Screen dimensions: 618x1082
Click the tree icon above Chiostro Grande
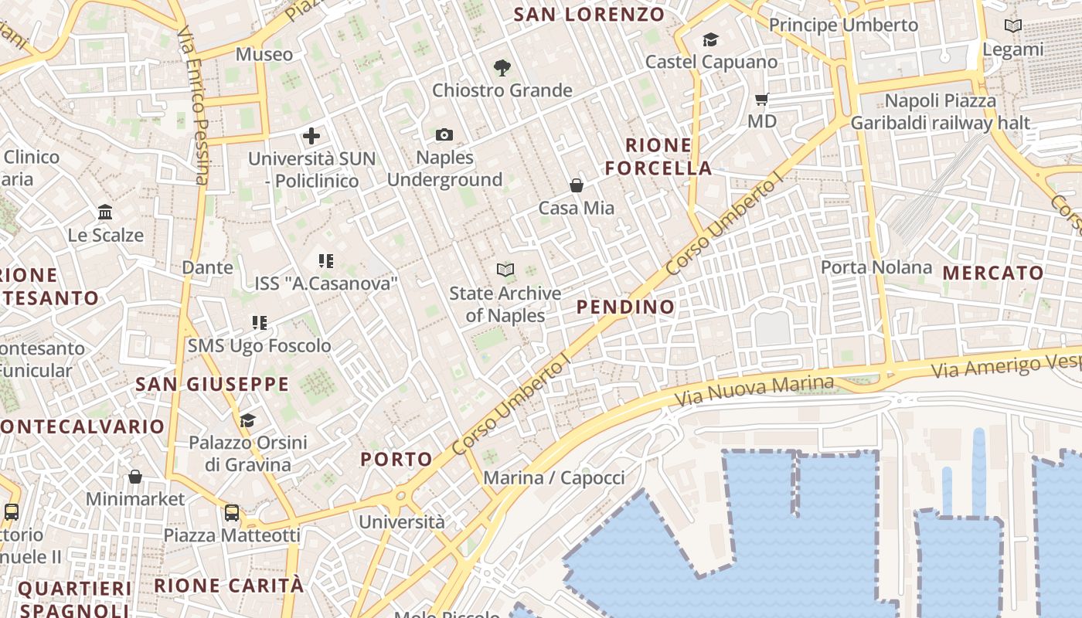[502, 68]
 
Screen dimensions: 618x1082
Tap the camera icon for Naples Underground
[444, 135]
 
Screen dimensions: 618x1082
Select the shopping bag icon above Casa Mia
[577, 185]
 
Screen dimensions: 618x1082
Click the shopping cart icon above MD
[762, 99]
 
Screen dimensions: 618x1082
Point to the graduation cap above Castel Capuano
[710, 39]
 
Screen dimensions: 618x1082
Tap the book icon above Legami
[1012, 26]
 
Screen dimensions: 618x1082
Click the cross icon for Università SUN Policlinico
[311, 137]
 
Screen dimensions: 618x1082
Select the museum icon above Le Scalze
[105, 212]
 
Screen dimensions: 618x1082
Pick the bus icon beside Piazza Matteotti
[232, 512]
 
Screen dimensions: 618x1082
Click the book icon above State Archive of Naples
[505, 270]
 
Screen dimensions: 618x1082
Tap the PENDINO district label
[626, 307]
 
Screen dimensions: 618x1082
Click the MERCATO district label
[993, 273]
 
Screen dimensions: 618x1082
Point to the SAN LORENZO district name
[589, 14]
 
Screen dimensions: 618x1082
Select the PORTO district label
[396, 460]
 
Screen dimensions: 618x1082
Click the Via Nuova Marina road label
[754, 391]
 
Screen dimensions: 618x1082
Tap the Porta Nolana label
[876, 267]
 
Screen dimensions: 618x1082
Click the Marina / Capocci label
[553, 477]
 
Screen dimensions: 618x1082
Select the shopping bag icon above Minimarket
[135, 477]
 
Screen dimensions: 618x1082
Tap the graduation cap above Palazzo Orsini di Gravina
[247, 421]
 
